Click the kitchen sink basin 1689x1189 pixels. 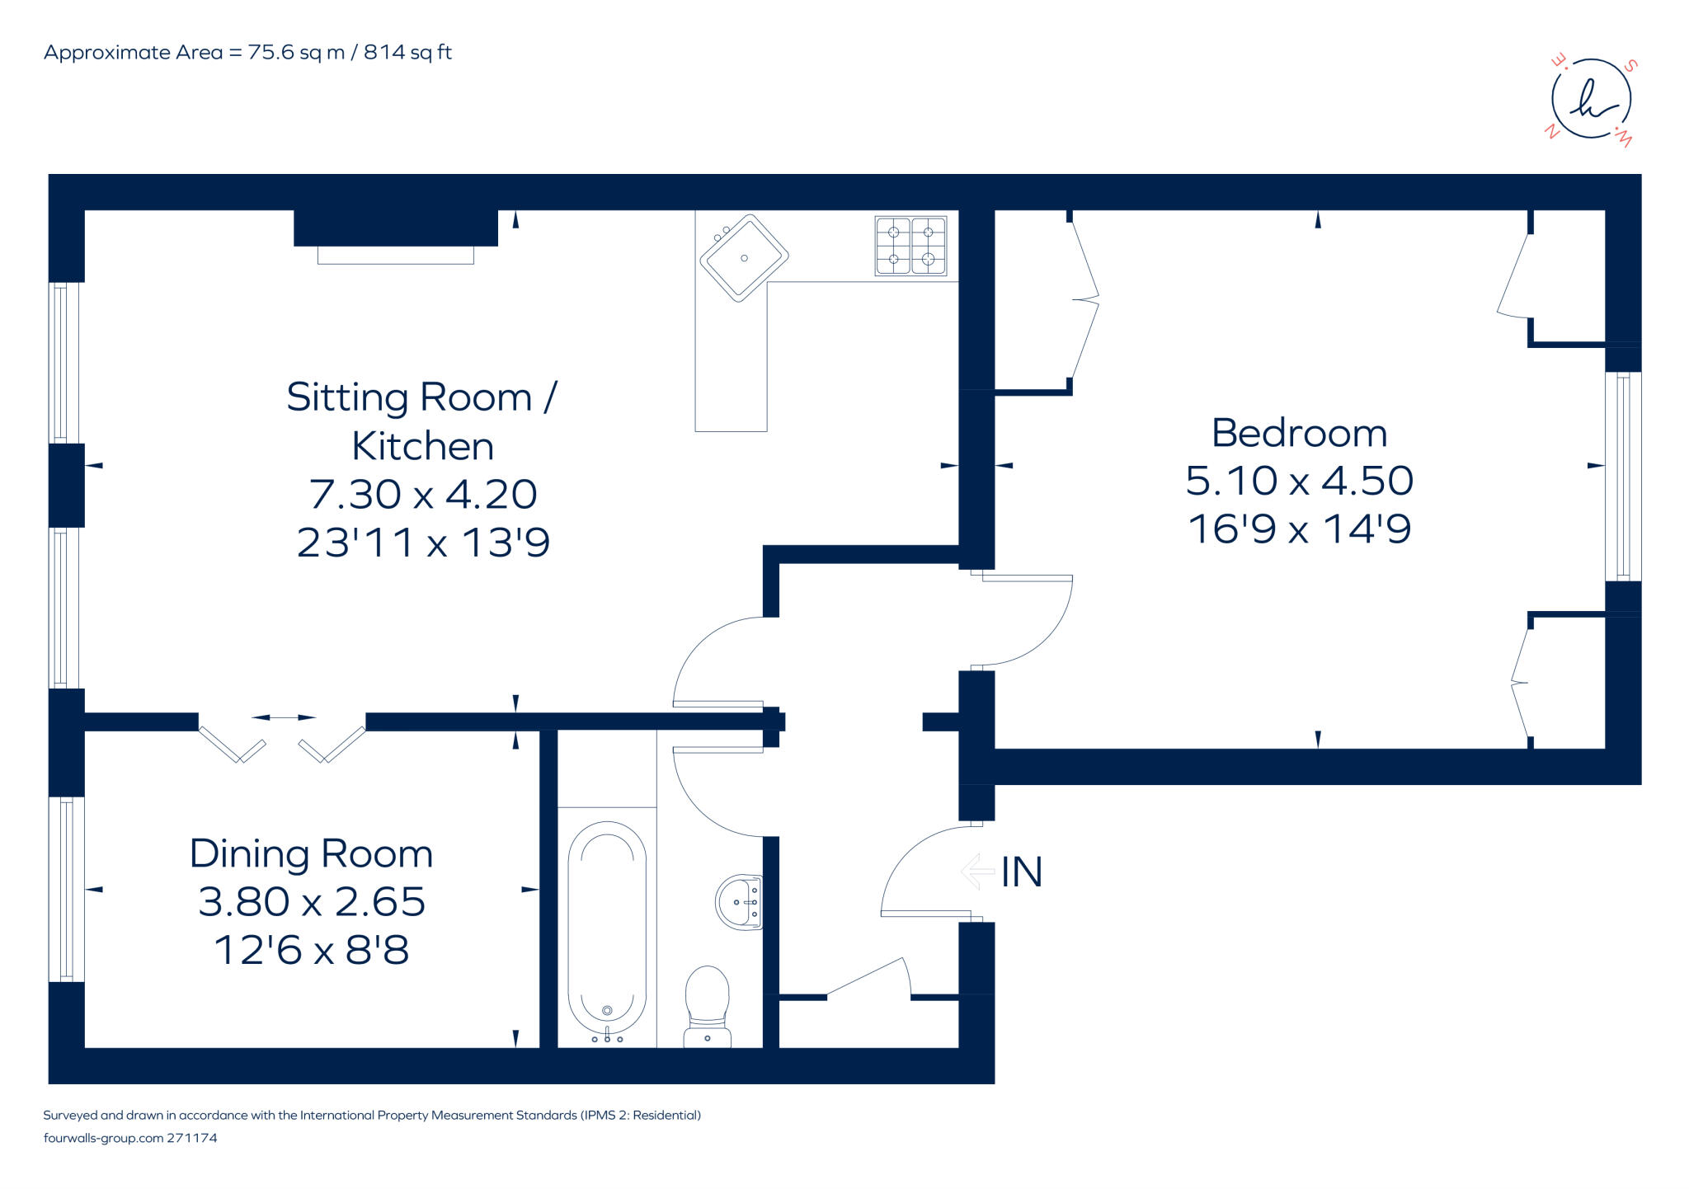click(x=744, y=258)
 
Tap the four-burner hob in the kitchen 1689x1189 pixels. click(x=910, y=245)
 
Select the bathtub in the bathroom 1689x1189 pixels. click(x=607, y=927)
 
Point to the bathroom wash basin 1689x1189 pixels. click(x=739, y=902)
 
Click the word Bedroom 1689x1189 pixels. click(x=1299, y=433)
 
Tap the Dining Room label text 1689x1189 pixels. click(x=311, y=853)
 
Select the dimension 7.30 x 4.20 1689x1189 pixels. click(x=423, y=494)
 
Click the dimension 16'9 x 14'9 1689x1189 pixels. click(x=1299, y=529)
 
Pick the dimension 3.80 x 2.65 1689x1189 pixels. click(x=311, y=901)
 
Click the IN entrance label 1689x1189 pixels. click(x=1022, y=872)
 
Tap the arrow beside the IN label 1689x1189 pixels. click(x=978, y=871)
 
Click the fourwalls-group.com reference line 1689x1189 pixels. click(x=129, y=1138)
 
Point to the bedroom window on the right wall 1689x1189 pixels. click(x=1622, y=477)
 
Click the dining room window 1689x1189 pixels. click(x=67, y=889)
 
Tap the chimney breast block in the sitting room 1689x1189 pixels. click(x=396, y=228)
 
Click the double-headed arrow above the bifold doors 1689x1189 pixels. click(x=283, y=717)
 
